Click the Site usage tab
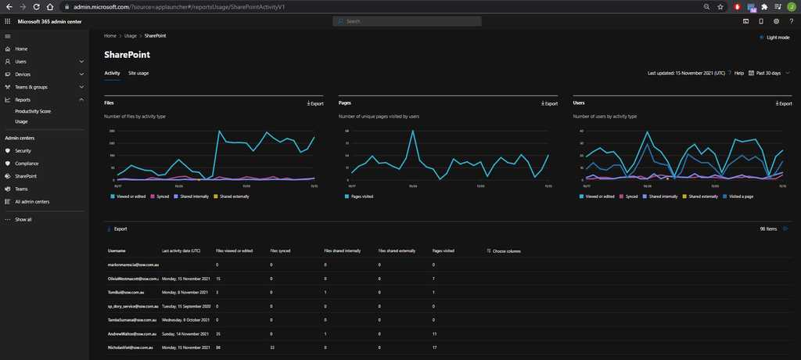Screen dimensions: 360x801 (x=138, y=73)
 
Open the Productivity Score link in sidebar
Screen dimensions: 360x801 (x=33, y=111)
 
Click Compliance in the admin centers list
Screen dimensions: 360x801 (x=26, y=164)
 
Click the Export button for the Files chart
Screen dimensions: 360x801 (x=315, y=103)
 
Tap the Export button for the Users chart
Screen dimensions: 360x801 (x=783, y=103)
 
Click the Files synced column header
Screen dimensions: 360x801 (x=280, y=251)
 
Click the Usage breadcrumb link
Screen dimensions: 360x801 (x=130, y=36)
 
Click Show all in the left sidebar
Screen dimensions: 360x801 (x=23, y=219)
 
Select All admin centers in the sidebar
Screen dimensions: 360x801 (x=32, y=201)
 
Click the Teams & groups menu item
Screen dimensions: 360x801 (x=31, y=87)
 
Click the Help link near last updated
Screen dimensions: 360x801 (x=738, y=73)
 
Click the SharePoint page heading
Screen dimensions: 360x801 (x=127, y=56)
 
